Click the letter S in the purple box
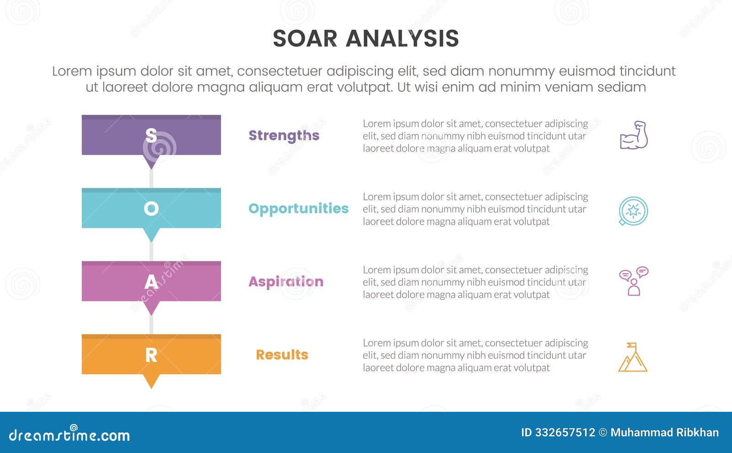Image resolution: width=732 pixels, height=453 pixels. [x=151, y=135]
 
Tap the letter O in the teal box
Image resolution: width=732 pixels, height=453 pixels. [x=151, y=209]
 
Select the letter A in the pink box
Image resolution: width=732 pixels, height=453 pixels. [x=151, y=282]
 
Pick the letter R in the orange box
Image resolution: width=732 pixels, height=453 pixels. [x=151, y=355]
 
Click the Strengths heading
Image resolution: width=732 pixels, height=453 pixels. [x=284, y=135]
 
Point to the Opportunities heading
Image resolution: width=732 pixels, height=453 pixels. [x=298, y=209]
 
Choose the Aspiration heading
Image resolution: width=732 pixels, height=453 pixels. [x=285, y=282]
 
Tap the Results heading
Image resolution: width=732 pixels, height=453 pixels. [x=282, y=355]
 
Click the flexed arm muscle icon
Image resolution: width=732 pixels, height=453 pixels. [x=634, y=135]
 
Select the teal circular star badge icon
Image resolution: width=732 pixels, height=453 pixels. [x=633, y=211]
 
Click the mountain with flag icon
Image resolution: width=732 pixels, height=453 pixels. [x=633, y=357]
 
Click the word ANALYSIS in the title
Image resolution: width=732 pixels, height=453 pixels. [x=402, y=38]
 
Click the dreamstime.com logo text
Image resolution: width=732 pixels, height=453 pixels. [x=69, y=435]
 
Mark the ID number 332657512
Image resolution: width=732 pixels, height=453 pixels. [x=565, y=432]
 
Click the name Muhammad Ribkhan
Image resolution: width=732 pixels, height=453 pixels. [x=664, y=432]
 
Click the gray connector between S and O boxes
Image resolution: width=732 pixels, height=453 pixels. [x=151, y=179]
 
